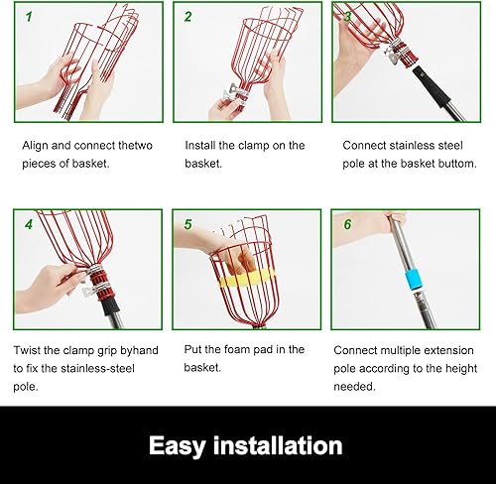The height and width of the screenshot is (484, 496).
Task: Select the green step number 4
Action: [29, 224]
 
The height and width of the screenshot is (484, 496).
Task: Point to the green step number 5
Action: [188, 224]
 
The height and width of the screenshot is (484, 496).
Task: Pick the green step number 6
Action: [347, 224]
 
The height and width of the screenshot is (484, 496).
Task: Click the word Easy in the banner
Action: [184, 445]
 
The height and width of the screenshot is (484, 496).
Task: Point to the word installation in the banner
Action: [282, 445]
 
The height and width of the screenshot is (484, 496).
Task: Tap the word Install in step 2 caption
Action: [203, 145]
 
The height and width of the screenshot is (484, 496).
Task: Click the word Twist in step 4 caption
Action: [31, 350]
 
